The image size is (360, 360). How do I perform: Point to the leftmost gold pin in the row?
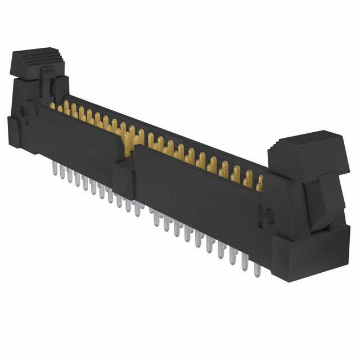[x=53, y=106]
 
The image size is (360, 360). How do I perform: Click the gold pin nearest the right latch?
[x=259, y=183]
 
